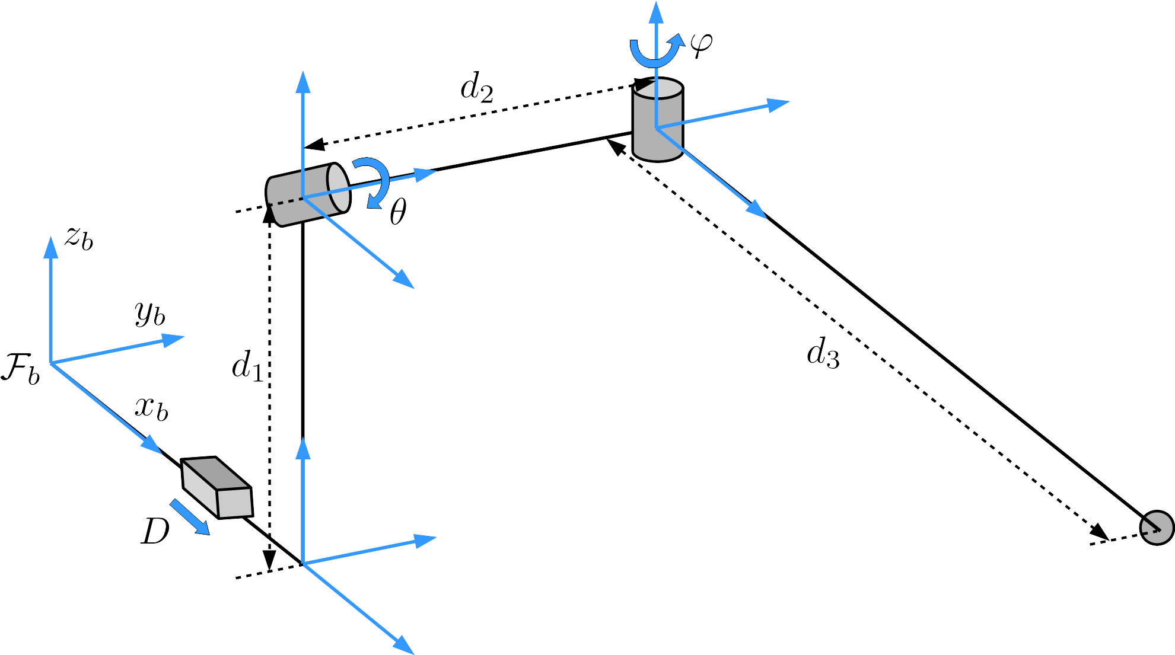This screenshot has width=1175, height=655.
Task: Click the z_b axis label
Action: tap(79, 238)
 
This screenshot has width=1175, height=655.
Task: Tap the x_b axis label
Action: tap(151, 408)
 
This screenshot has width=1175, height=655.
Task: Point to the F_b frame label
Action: tap(21, 369)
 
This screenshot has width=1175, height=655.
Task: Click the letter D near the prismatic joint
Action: tap(155, 531)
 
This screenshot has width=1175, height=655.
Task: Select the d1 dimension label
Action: tap(247, 366)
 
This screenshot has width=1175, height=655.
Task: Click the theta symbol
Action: tap(398, 212)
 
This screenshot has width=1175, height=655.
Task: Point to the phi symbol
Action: tap(701, 44)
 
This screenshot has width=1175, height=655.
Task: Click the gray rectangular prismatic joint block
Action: tap(217, 488)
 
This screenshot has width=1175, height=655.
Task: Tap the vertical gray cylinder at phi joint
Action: tap(658, 120)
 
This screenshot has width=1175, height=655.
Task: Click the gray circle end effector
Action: tap(1157, 527)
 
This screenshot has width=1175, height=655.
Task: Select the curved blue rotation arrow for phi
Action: tap(655, 53)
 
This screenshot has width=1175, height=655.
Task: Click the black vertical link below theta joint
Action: tap(303, 332)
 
